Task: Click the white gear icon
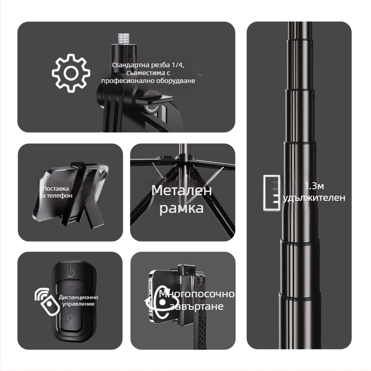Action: (x=71, y=73)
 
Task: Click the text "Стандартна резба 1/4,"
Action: (x=148, y=65)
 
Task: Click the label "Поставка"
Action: (x=56, y=189)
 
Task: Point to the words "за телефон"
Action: (x=56, y=196)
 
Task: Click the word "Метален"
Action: (x=181, y=191)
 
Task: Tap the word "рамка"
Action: (x=181, y=208)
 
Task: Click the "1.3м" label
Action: (x=314, y=186)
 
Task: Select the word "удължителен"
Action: (x=314, y=198)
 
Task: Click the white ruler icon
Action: (x=272, y=192)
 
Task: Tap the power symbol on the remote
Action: (x=70, y=272)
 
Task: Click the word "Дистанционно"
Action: (x=78, y=297)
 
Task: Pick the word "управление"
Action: (x=78, y=304)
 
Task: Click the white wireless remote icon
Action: (x=47, y=301)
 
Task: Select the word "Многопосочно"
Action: (x=197, y=294)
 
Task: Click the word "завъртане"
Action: (x=197, y=306)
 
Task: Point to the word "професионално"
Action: (x=128, y=81)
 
